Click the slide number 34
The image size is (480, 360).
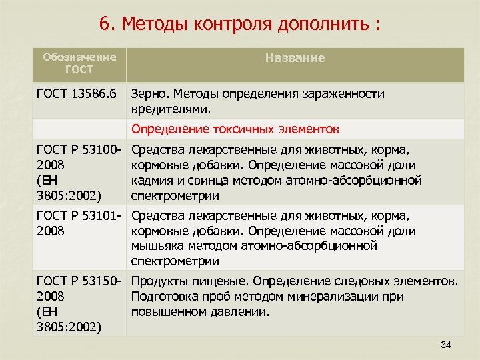(446, 344)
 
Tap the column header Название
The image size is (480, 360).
(295, 58)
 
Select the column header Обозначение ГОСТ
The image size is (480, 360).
(79, 63)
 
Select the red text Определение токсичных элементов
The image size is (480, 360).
(235, 128)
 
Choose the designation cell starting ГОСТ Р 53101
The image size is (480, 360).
(79, 223)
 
